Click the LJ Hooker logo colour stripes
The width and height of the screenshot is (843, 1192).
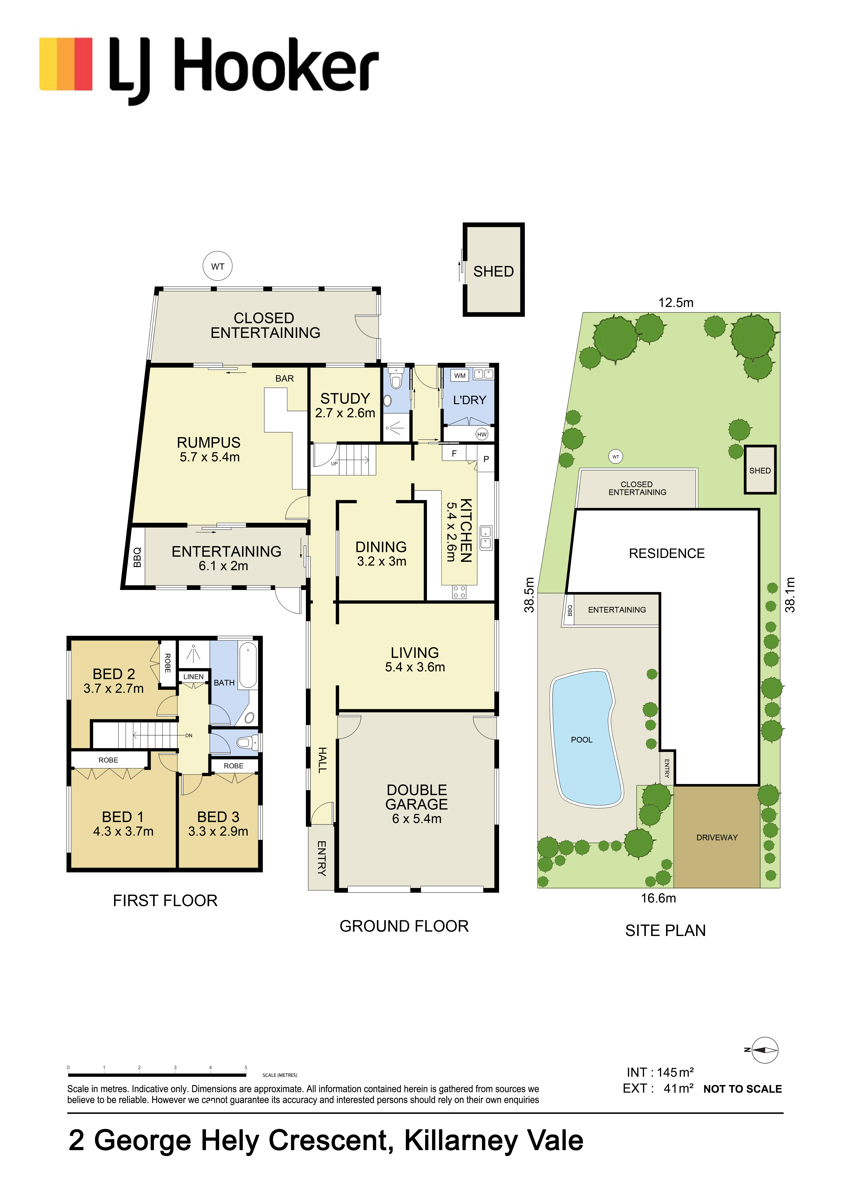pyautogui.click(x=66, y=64)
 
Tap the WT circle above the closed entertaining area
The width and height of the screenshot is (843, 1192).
pyautogui.click(x=218, y=266)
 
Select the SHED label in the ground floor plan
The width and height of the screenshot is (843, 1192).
pyautogui.click(x=493, y=272)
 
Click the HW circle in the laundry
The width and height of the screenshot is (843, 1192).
pyautogui.click(x=482, y=434)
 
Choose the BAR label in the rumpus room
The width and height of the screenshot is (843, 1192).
pyautogui.click(x=285, y=378)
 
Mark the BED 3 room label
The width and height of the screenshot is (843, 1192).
pyautogui.click(x=218, y=817)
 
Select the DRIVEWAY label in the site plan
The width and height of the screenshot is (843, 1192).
pyautogui.click(x=717, y=837)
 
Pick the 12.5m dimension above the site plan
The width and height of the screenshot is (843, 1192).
pyautogui.click(x=676, y=303)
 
